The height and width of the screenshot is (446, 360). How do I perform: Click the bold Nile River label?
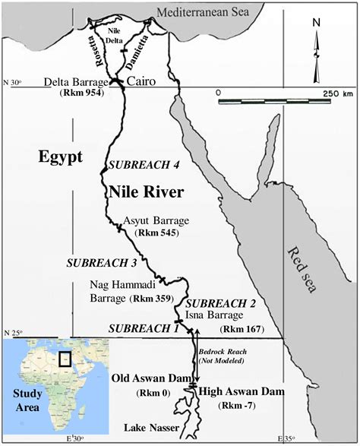(x=146, y=192)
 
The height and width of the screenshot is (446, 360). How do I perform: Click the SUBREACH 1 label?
(x=143, y=328)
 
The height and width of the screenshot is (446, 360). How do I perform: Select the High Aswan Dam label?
(x=242, y=391)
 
